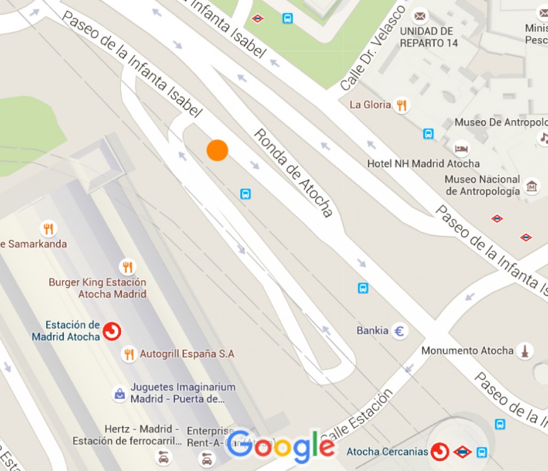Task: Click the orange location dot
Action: coord(217,150)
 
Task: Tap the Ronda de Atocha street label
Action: coord(293,173)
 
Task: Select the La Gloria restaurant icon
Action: coord(401,105)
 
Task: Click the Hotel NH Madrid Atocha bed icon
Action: coord(461,148)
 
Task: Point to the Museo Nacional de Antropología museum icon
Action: coord(532,186)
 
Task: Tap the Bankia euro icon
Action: coord(399,331)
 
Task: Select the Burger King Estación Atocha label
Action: coord(97,288)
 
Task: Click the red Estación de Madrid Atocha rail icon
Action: coord(112,331)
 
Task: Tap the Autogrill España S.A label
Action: coord(187,354)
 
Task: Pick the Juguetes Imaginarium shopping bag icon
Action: coord(119,394)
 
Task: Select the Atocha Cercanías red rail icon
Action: coord(440,452)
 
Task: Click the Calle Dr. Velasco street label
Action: coord(373,48)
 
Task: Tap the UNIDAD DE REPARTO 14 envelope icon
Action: coord(421,16)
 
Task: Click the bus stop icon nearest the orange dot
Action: coord(246,194)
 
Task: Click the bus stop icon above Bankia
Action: coord(363,288)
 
